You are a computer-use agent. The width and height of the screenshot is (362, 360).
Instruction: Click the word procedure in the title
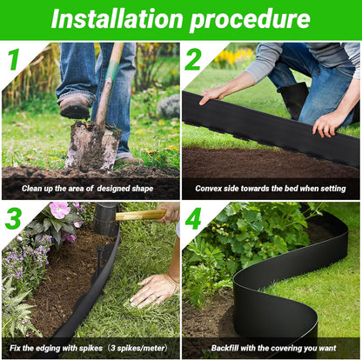pos(252,19)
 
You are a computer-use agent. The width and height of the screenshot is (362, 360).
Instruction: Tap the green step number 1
pos(12,60)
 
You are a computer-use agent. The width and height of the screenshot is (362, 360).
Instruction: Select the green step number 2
pos(192,60)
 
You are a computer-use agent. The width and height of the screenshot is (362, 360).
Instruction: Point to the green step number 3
pos(12,218)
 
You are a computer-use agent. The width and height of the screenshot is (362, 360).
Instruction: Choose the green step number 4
pos(193,218)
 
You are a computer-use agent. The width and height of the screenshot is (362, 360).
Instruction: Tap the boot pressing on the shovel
pos(76,105)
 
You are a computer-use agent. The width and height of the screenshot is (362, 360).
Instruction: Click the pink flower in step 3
pos(59,210)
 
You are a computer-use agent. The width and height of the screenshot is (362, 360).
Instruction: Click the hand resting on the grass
pos(154,289)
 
